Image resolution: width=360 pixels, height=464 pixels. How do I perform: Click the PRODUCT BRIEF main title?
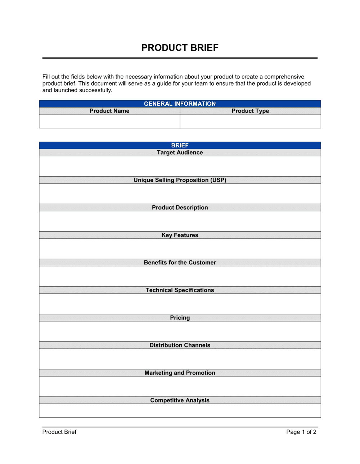click(x=180, y=48)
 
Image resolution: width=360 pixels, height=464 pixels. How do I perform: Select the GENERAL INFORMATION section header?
click(x=180, y=104)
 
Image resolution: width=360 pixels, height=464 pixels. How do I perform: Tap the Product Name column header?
click(x=109, y=111)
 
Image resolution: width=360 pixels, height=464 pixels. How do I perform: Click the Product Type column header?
click(x=250, y=111)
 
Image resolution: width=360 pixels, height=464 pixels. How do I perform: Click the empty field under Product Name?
click(x=109, y=121)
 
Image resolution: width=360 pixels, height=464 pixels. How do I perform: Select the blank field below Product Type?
click(x=250, y=121)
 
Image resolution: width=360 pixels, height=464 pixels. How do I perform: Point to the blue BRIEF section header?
click(x=180, y=145)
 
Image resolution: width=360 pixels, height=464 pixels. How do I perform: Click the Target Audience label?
click(x=180, y=153)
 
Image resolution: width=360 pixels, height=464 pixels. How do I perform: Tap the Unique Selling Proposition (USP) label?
click(x=180, y=180)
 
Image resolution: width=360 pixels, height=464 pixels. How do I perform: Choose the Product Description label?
click(x=180, y=208)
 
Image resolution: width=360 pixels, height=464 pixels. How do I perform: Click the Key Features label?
click(x=180, y=235)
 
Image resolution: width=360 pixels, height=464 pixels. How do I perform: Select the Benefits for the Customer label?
click(x=180, y=263)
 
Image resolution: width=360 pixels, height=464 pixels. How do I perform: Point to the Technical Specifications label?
click(x=180, y=290)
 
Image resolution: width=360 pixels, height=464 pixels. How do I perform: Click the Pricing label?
click(x=180, y=318)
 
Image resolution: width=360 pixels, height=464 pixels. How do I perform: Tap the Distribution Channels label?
click(x=180, y=345)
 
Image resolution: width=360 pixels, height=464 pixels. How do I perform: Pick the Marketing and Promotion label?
click(x=180, y=373)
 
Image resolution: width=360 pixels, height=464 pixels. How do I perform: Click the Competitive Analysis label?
click(x=180, y=400)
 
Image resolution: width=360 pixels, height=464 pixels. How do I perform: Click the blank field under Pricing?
click(x=180, y=331)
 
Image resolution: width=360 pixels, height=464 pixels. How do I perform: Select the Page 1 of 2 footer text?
click(x=301, y=432)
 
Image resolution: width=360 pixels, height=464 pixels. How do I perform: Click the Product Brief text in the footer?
click(x=59, y=432)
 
